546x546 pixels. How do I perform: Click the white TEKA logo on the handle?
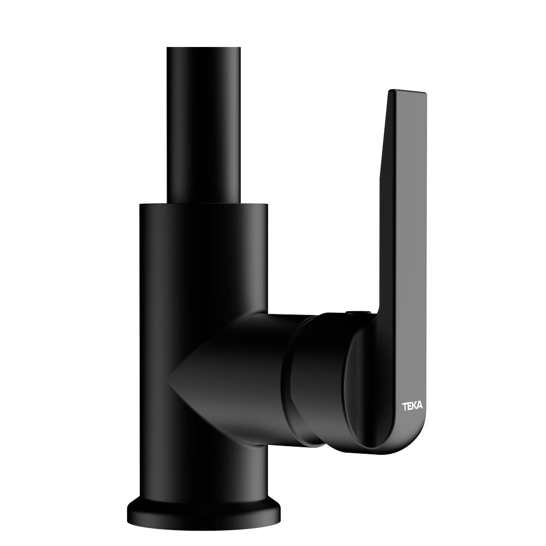click(x=413, y=406)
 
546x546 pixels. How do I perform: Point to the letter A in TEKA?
click(x=420, y=406)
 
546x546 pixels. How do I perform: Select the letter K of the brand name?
click(x=415, y=406)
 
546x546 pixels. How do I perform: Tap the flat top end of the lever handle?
click(x=407, y=92)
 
